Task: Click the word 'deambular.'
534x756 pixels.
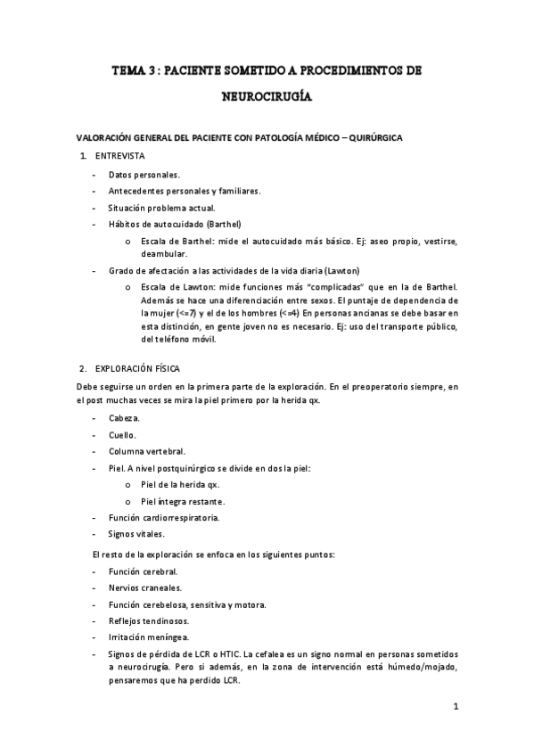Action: (x=162, y=253)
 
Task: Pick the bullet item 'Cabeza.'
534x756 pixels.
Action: (x=124, y=419)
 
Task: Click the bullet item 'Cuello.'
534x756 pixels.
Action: (x=122, y=435)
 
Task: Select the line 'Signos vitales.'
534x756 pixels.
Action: (x=136, y=533)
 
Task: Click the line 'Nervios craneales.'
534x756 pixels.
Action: (x=145, y=588)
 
